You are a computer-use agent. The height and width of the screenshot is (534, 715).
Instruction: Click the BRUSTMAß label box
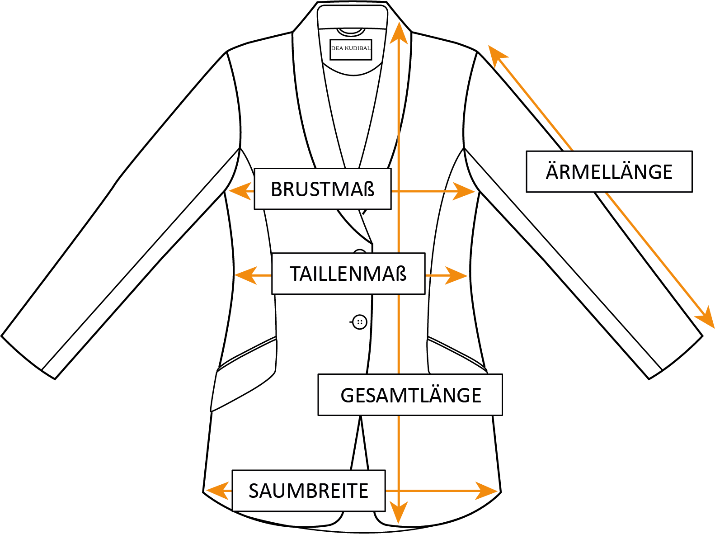tap(322, 189)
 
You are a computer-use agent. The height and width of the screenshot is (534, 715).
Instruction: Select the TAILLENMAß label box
tap(348, 274)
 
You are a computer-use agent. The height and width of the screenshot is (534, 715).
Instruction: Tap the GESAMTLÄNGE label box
tap(410, 395)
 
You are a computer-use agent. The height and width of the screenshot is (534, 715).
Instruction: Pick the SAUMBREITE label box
tap(308, 491)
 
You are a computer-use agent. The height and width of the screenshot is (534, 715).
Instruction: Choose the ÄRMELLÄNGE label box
tap(609, 172)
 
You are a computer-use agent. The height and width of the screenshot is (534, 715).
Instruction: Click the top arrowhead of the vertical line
tap(399, 34)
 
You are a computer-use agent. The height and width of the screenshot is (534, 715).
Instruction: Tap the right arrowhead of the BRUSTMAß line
tap(463, 191)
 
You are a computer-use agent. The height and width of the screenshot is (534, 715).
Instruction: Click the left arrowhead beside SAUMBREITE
tap(218, 491)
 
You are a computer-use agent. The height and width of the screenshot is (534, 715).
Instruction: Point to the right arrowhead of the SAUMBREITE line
tap(486, 491)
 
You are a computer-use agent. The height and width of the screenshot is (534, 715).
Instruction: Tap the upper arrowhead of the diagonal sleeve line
tap(497, 56)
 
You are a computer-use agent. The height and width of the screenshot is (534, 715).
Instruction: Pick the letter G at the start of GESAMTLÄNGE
tap(347, 395)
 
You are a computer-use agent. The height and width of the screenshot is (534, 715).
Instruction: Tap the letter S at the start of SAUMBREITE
tap(254, 491)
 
